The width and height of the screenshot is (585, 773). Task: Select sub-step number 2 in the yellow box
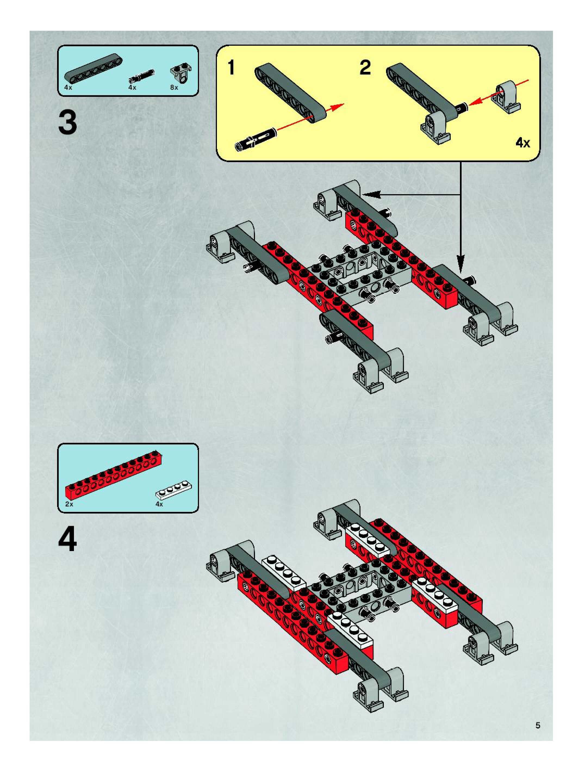tap(365, 67)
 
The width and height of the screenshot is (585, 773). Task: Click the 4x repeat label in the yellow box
tap(522, 143)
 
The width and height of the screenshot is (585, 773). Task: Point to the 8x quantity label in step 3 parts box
tap(174, 88)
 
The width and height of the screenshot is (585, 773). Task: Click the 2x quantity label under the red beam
tap(69, 504)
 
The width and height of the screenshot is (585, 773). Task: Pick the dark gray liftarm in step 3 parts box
tap(93, 66)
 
